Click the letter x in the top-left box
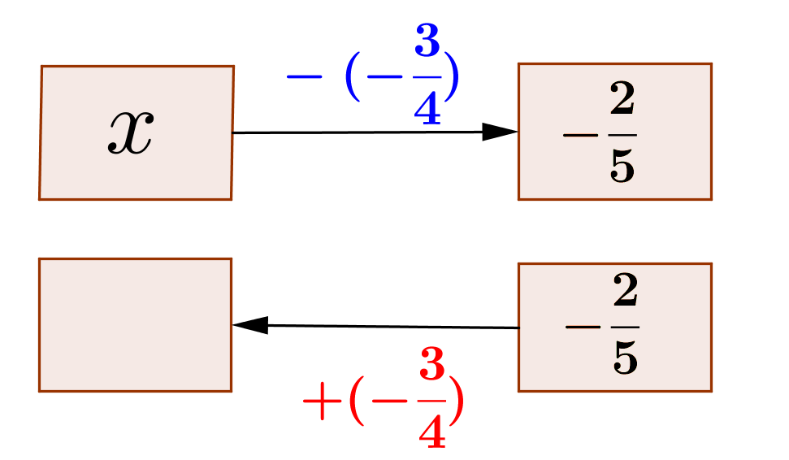click(x=131, y=132)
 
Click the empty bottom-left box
click(x=136, y=325)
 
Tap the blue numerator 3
click(x=427, y=40)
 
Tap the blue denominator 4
click(x=427, y=108)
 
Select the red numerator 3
click(x=432, y=362)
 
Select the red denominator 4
click(x=432, y=431)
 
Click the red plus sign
click(x=322, y=401)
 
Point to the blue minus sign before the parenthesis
click(x=304, y=77)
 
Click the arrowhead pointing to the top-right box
click(x=500, y=132)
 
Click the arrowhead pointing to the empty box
click(x=250, y=325)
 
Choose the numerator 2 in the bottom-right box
click(x=626, y=290)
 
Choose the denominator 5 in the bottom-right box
click(x=626, y=358)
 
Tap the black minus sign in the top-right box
click(x=581, y=135)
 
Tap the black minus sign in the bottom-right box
click(x=583, y=327)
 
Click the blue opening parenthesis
click(x=353, y=76)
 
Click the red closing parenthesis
click(x=456, y=401)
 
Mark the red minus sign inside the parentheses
click(x=389, y=401)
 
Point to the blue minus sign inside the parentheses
click(x=385, y=77)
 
